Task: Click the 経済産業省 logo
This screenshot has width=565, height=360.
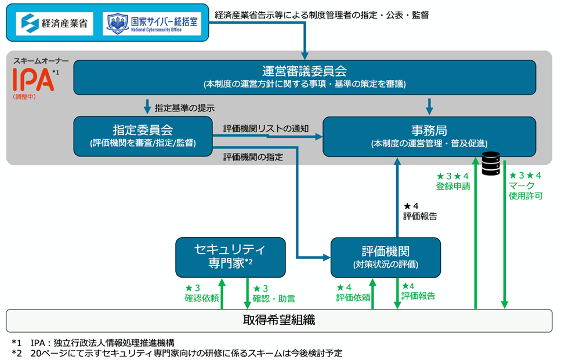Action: (x=55, y=23)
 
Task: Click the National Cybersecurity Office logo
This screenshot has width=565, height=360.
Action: (x=153, y=23)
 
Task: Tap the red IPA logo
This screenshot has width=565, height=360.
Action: (x=34, y=80)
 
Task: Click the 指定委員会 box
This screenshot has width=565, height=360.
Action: (x=142, y=136)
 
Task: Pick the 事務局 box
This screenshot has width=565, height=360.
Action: (x=429, y=136)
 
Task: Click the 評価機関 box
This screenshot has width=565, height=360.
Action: (x=385, y=256)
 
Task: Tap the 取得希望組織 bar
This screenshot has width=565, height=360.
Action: (x=278, y=320)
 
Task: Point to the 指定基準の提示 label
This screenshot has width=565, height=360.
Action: (x=184, y=108)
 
